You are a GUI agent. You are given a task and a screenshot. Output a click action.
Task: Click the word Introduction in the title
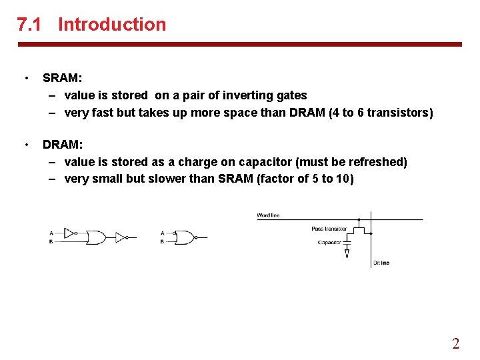pos(112,25)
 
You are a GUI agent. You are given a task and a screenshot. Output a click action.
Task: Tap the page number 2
pos(455,344)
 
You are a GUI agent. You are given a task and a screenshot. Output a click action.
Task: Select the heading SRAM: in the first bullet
pos(62,78)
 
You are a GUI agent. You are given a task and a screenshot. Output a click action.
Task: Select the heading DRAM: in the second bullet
pos(63,145)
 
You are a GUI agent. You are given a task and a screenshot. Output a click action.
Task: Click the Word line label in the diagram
pos(269,215)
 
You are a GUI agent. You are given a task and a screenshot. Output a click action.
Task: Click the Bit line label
pos(381,263)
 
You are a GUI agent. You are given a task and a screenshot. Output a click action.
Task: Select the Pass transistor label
pos(329,229)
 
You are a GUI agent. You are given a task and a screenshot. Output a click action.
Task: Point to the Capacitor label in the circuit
pos(329,243)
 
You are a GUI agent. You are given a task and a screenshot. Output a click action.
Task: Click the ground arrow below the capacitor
pos(347,254)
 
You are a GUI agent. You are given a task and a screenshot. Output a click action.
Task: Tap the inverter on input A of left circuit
pos(70,233)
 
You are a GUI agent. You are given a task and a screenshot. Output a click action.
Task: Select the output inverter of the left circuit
pos(121,237)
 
